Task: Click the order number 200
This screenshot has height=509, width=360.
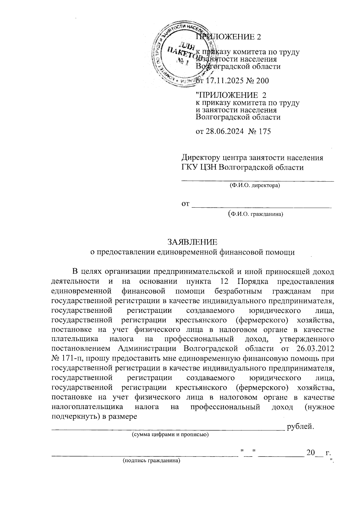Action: (262, 80)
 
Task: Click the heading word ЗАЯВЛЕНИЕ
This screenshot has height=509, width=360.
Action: (192, 242)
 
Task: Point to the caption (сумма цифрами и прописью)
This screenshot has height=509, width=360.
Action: (170, 435)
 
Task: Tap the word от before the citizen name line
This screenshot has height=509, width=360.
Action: (186, 204)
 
